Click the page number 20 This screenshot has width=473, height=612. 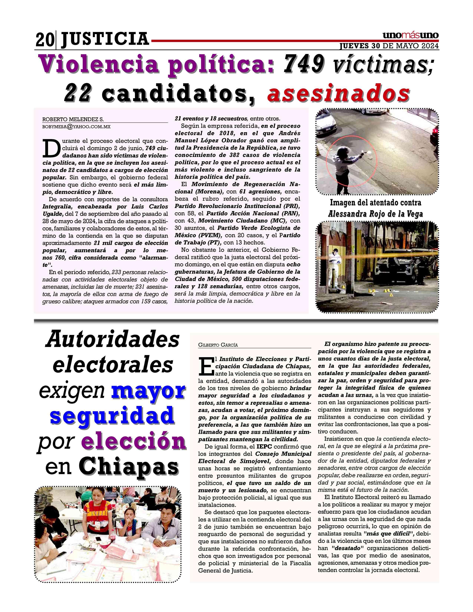(x=44, y=40)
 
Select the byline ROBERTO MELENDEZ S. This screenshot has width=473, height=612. (x=73, y=119)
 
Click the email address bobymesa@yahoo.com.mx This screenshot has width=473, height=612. (x=76, y=127)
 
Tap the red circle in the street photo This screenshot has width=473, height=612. (x=351, y=162)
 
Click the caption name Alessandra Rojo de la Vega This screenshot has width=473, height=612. (x=375, y=214)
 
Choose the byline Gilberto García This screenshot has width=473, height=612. (x=218, y=345)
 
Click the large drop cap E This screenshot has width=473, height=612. (x=206, y=366)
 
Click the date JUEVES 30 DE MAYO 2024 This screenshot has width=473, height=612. (x=389, y=46)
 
